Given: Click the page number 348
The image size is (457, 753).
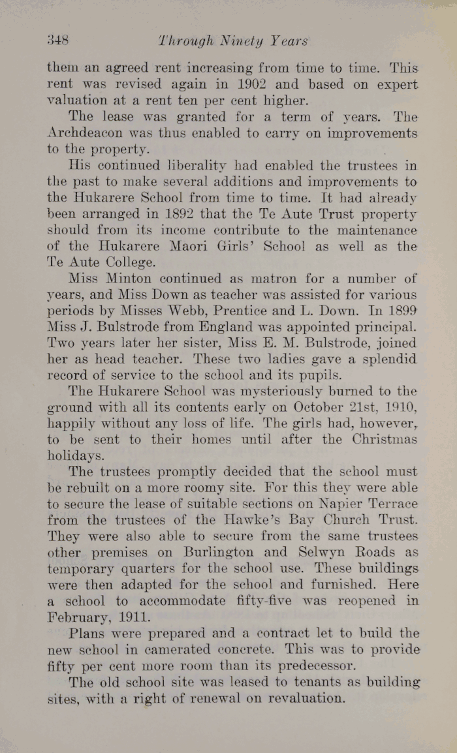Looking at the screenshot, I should [58, 40].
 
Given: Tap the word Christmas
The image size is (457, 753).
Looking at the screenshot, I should [385, 440].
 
